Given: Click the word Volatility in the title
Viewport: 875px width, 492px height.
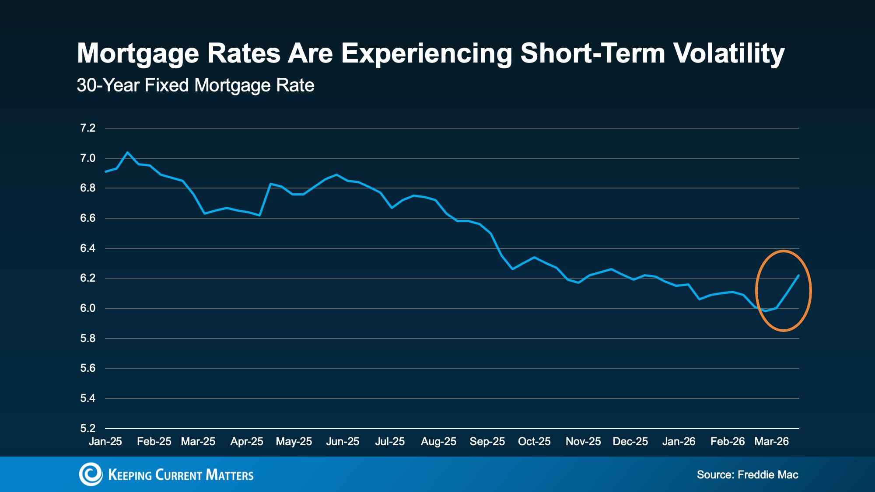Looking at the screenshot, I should point(728,53).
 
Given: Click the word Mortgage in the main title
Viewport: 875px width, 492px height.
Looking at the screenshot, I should point(138,53).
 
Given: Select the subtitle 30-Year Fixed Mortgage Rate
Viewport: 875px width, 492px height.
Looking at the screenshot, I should point(195,85).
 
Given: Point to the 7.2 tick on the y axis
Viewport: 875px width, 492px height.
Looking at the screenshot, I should point(87,128).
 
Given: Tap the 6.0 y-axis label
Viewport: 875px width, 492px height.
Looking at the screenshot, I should point(87,308).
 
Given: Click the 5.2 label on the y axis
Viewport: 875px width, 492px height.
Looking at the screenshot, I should point(87,428).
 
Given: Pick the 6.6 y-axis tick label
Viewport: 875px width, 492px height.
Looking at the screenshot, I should point(87,218).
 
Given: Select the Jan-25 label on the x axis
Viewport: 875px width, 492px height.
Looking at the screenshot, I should point(105,442).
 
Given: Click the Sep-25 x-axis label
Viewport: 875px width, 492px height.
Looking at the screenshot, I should point(487,442).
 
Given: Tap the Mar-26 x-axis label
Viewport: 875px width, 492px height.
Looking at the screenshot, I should point(771,442).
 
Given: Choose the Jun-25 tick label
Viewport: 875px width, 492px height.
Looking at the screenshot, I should point(343,442).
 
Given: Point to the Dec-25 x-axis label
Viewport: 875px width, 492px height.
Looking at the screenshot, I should point(630,442).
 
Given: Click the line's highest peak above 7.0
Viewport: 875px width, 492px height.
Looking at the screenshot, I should point(127,153).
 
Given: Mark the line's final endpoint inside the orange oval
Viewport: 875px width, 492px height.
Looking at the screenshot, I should point(798,276).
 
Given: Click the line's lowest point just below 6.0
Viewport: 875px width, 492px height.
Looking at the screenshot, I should point(765,311).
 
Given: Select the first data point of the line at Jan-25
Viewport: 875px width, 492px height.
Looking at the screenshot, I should point(106,171).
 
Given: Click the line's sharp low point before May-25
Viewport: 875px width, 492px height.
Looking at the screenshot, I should point(260,215).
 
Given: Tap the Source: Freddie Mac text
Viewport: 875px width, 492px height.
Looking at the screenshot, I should point(747,475).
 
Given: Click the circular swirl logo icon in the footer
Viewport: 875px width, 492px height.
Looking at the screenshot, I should point(91,474).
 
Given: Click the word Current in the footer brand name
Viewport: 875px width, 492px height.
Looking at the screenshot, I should point(178,475).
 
